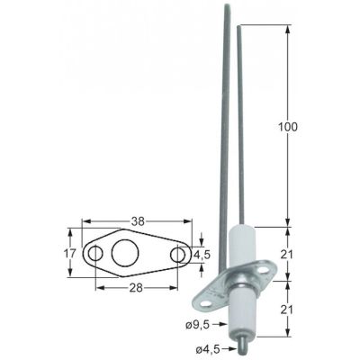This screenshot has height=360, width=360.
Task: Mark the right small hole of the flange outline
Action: pos(179,256)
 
